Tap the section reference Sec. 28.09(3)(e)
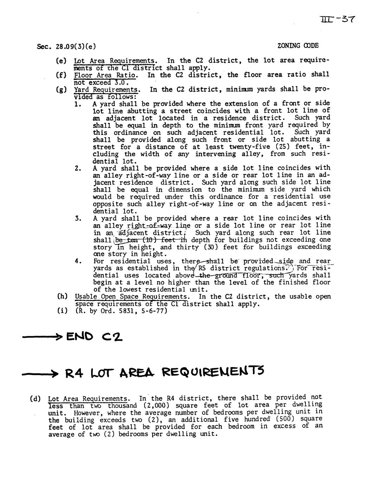(x=66, y=46)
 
